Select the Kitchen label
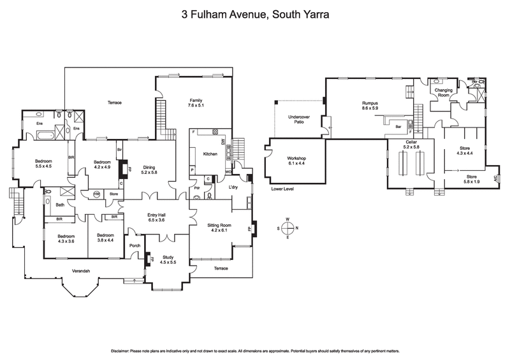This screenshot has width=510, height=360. (210, 154)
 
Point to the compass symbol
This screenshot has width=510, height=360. (288, 228)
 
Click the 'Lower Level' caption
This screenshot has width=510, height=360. (284, 189)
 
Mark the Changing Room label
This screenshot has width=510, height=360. (444, 93)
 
